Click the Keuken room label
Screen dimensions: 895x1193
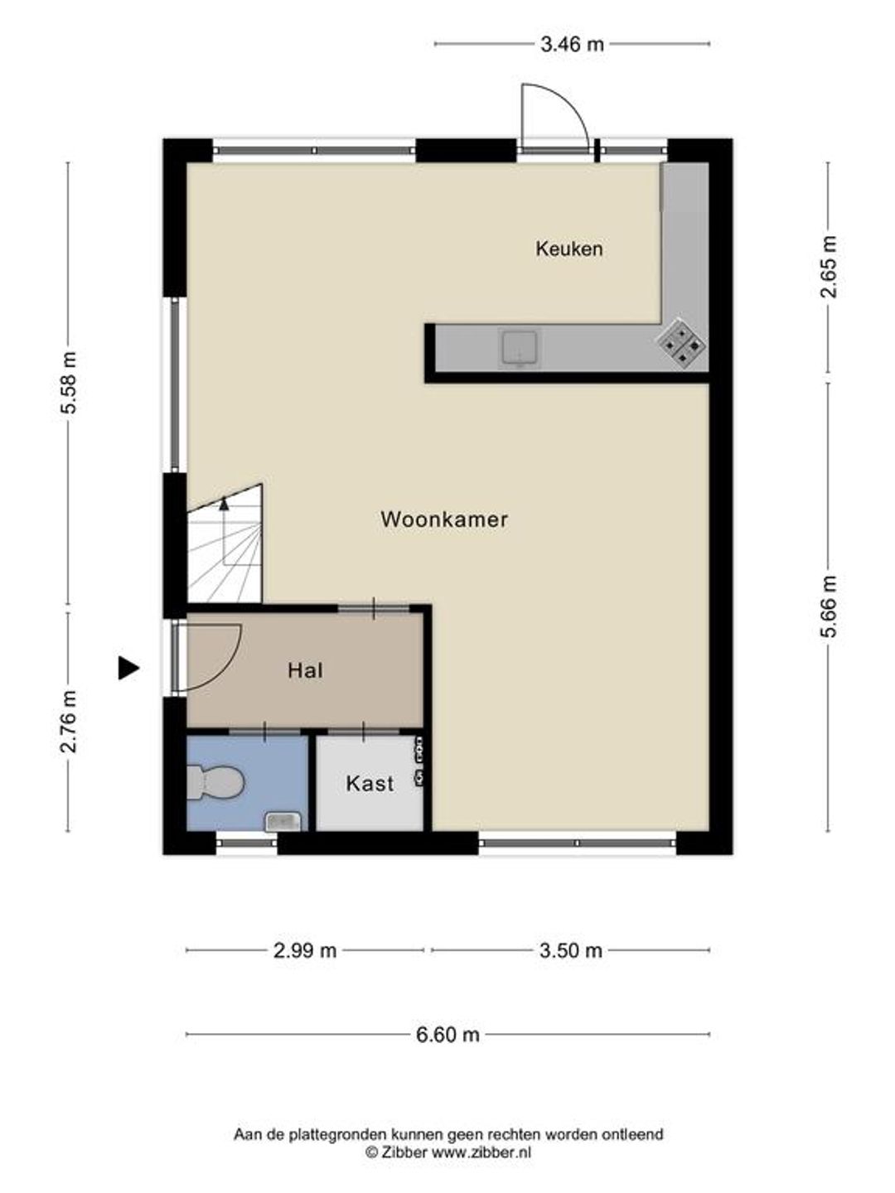point(569,249)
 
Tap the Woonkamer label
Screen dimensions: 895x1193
point(444,519)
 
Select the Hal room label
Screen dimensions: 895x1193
point(306,671)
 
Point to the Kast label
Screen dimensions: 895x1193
point(370,784)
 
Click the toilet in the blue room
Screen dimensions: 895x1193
point(215,783)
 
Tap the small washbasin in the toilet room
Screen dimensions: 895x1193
point(283,821)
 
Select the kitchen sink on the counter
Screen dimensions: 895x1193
point(520,348)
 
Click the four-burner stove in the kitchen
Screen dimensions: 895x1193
point(681,342)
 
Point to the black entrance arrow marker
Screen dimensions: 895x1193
point(128,668)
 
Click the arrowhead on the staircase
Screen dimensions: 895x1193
point(224,503)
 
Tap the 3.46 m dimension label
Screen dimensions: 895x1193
point(572,45)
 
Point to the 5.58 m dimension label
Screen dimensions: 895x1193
point(69,384)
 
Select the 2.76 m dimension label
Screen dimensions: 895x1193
point(69,722)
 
